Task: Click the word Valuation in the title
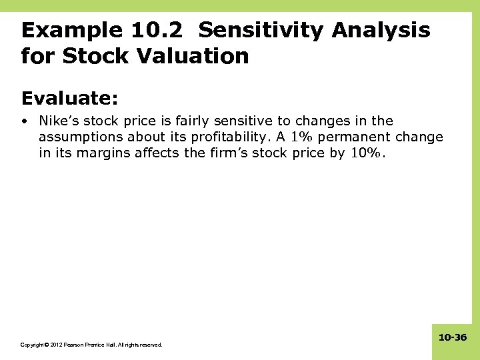pos(190,56)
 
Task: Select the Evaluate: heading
pos(70,98)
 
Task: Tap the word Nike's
pos(59,121)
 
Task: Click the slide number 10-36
pos(453,338)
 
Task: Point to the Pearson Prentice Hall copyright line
pos(91,345)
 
